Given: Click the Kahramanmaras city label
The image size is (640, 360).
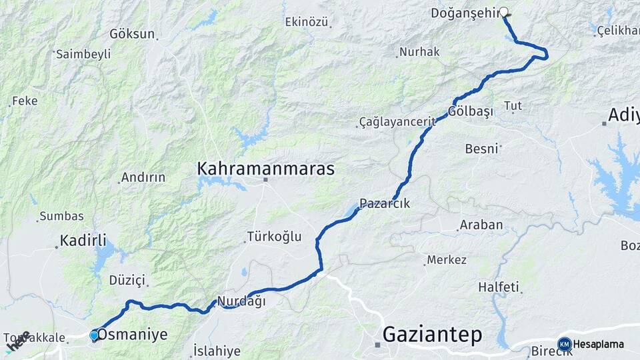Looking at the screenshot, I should [265, 169].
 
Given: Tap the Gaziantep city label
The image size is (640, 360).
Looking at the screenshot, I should [432, 335].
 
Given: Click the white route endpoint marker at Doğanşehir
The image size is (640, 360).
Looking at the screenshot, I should [504, 11].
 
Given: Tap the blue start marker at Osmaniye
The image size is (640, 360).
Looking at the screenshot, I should [95, 335].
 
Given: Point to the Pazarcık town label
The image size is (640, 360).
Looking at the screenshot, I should [385, 204].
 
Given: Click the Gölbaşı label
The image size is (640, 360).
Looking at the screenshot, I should [471, 111].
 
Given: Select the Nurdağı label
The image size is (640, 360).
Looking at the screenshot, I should [241, 301].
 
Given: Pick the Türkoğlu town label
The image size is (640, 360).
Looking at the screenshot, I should [274, 236].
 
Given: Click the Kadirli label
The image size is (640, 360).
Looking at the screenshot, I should [83, 241].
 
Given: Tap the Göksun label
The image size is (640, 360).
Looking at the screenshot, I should [132, 33].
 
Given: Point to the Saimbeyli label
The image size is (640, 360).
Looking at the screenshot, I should [83, 55].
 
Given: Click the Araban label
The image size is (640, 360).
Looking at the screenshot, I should [481, 225].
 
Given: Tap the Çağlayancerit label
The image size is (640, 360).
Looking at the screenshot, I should [397, 122].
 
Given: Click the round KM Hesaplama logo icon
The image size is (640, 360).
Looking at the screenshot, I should [564, 344].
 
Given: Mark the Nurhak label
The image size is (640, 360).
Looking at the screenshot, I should [419, 52].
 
